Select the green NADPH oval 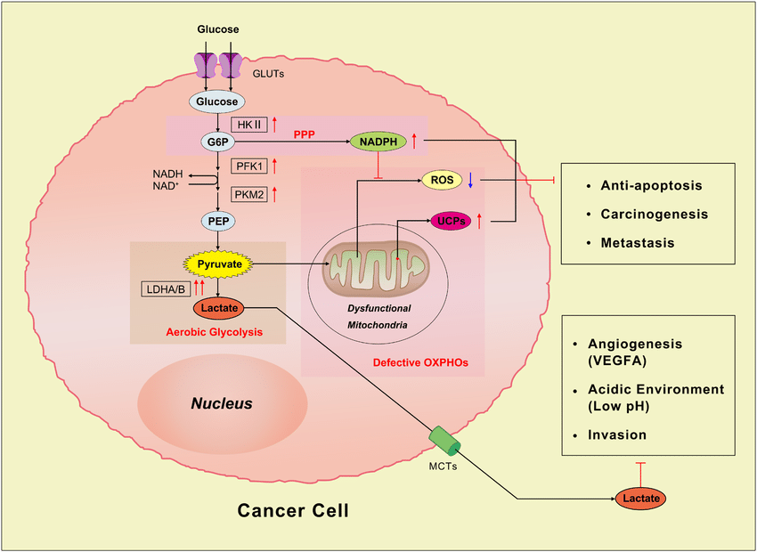pos(378,141)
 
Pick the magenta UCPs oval pos(452,220)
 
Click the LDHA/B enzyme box pos(166,288)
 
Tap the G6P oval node pos(217,141)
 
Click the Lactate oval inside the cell pos(217,307)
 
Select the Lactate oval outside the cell pos(641,499)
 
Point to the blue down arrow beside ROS pos(470,180)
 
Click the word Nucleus pos(222,403)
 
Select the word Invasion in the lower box pos(617,434)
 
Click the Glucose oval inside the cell pos(217,101)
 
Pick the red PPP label pos(305,134)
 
